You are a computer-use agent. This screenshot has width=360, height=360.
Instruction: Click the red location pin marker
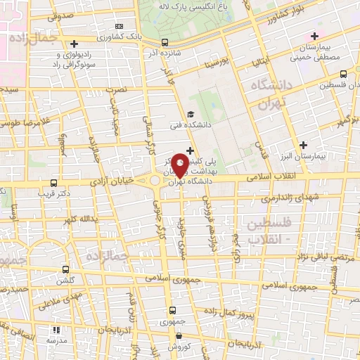180,165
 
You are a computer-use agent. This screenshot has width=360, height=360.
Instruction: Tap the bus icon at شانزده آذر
164,41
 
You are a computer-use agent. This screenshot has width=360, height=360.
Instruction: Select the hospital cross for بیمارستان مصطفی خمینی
314,36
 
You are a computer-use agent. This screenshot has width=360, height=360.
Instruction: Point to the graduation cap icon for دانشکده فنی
190,115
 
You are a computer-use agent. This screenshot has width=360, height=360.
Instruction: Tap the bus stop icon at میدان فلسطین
343,73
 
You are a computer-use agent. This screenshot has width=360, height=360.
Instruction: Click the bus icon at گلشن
65,269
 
